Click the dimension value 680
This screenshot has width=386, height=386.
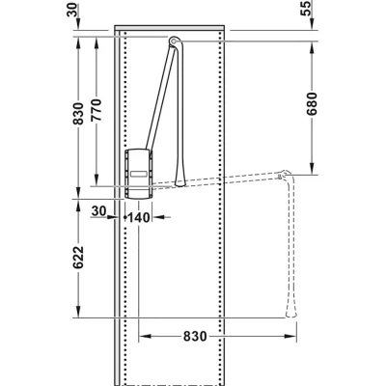point(312,104)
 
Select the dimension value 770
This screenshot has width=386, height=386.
point(96,110)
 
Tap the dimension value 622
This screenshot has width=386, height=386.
point(78,258)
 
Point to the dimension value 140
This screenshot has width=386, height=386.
point(139,218)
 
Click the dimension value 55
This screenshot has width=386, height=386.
point(307,9)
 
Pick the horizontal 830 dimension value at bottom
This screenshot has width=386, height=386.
point(195,337)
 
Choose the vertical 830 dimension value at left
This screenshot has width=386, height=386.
point(78,114)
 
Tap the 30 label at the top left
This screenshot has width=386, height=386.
point(73,9)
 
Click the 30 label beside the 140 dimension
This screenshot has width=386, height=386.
point(98,211)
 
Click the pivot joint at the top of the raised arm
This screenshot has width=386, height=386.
point(174,41)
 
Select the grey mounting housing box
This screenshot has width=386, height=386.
point(139,174)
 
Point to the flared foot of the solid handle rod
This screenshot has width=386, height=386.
point(179,180)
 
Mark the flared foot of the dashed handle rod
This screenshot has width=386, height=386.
point(291,311)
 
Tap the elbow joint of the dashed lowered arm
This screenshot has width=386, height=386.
point(285,175)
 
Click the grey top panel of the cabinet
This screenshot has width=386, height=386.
point(170,28)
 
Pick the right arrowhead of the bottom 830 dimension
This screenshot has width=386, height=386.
point(290,337)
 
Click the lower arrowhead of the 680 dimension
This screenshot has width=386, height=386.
point(312,169)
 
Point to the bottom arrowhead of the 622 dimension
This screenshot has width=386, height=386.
point(78,312)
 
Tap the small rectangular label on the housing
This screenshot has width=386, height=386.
point(139,174)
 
